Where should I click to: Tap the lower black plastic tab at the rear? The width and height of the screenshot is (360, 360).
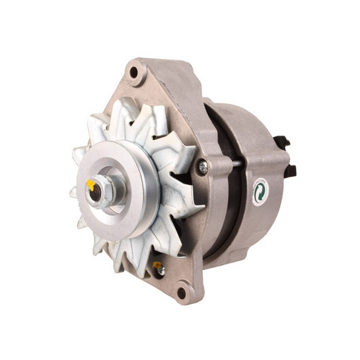(291, 170)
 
